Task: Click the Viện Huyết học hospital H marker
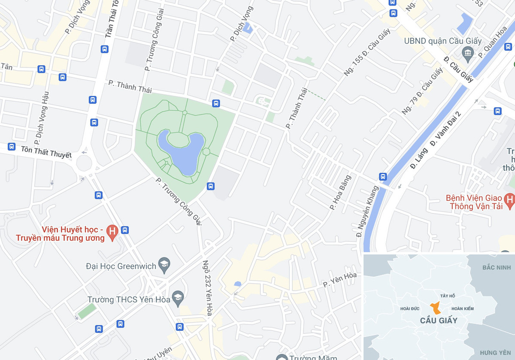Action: (112, 232)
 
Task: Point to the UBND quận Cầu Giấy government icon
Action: (467, 54)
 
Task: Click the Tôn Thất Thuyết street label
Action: (46, 151)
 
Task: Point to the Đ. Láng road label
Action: (418, 159)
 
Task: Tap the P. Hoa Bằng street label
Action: (340, 193)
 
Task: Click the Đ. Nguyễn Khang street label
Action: (368, 212)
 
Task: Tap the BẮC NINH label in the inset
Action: (493, 268)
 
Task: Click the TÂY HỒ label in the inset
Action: (448, 296)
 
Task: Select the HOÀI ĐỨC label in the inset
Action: (409, 309)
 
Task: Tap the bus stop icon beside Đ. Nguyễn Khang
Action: (383, 176)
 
